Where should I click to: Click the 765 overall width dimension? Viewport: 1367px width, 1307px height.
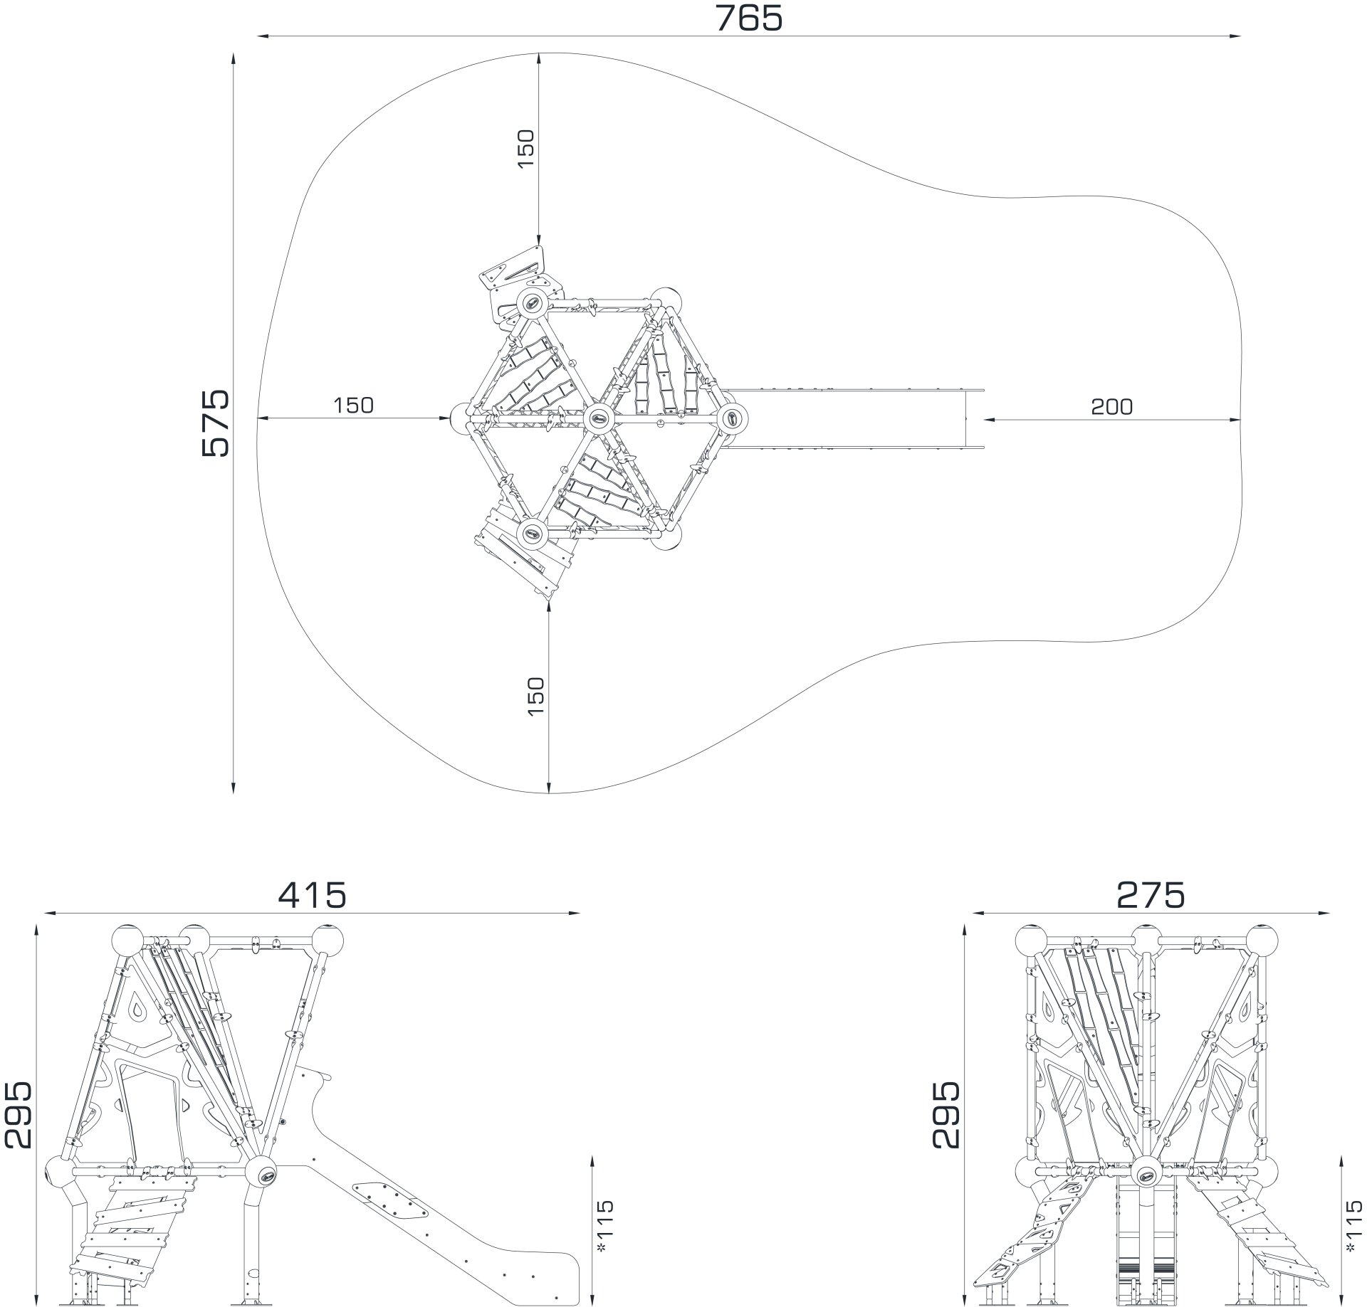748,18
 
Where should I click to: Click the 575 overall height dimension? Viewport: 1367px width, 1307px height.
216,423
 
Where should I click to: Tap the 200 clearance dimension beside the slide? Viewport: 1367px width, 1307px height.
1111,406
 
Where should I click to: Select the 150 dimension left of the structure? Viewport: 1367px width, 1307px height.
353,405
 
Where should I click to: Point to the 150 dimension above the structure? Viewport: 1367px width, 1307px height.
525,148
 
